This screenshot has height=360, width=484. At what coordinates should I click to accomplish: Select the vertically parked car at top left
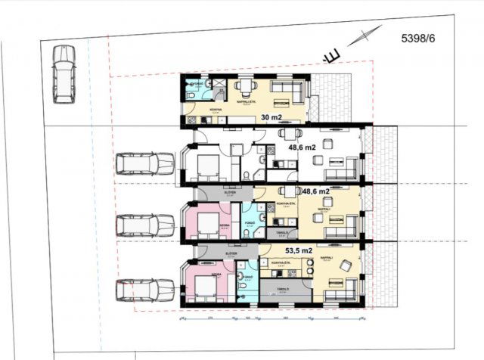(64, 73)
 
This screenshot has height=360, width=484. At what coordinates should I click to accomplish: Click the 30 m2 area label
(270, 117)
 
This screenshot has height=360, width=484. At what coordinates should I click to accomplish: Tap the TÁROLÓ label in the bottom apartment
(284, 289)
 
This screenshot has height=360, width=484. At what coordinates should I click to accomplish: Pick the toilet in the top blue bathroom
(192, 96)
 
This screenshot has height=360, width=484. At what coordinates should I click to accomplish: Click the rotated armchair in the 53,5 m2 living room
(344, 265)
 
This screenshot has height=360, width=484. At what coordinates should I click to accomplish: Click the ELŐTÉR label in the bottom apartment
(231, 253)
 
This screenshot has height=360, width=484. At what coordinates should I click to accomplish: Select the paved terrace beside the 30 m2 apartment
(332, 98)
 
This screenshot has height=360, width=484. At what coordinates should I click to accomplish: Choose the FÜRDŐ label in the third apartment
(249, 223)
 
